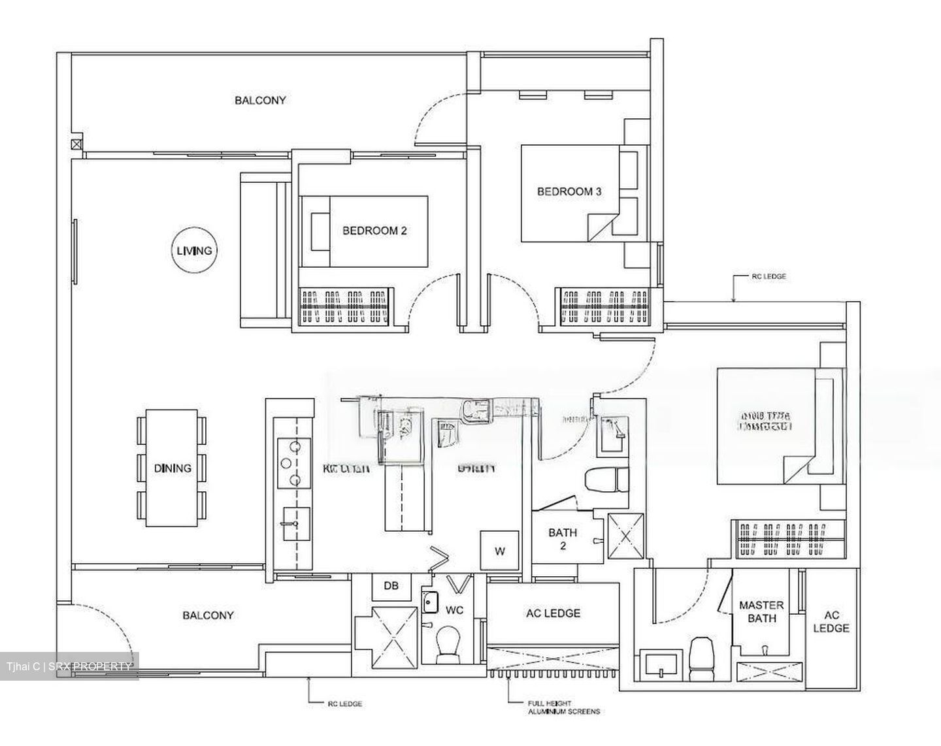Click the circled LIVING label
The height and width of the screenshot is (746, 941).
(194, 251)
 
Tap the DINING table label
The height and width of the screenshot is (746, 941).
(173, 468)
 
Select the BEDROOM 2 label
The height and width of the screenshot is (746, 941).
(374, 231)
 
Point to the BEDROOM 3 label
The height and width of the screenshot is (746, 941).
(569, 191)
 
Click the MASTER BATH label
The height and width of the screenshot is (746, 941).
(761, 611)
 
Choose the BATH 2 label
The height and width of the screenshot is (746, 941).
(563, 539)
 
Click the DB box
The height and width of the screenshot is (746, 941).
(391, 586)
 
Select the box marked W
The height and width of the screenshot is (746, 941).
(500, 551)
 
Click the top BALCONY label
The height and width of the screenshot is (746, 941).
(260, 101)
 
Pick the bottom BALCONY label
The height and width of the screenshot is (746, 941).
(208, 615)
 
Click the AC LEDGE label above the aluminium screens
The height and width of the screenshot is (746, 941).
(553, 613)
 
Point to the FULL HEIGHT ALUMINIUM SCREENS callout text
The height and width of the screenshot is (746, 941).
(563, 707)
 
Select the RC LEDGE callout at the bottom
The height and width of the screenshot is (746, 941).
(344, 704)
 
